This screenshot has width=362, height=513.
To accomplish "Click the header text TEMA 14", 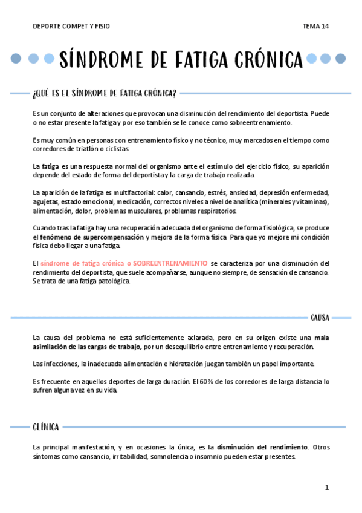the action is pyautogui.click(x=316, y=27).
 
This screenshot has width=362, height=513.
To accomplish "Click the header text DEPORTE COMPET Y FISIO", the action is pyautogui.click(x=71, y=27).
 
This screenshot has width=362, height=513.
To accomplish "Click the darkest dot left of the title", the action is pyautogui.click(x=16, y=59).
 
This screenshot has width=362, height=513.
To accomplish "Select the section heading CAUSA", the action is pyautogui.click(x=320, y=317).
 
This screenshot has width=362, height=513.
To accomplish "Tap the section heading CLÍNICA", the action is pyautogui.click(x=46, y=427).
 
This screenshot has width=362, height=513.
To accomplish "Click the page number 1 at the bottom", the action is pyautogui.click(x=326, y=488).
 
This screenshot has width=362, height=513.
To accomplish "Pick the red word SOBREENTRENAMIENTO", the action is pyautogui.click(x=170, y=263).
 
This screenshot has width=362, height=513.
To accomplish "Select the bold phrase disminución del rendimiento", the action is pyautogui.click(x=262, y=447).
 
